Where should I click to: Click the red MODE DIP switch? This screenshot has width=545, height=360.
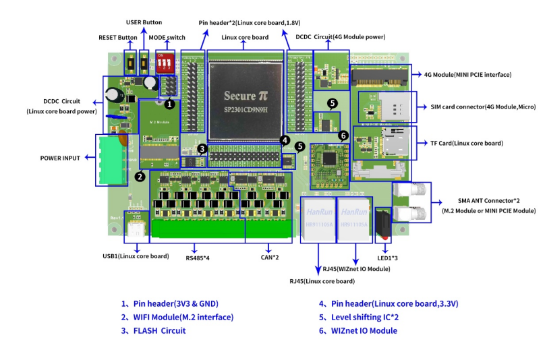165,65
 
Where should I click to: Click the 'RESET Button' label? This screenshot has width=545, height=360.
118,38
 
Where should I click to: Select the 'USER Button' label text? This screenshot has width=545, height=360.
144,22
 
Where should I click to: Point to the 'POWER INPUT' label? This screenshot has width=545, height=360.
60,158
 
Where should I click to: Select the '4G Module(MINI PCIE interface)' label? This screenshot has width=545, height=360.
467,74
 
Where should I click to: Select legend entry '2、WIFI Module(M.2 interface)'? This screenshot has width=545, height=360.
177,317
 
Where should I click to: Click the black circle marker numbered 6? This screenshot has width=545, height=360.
343,136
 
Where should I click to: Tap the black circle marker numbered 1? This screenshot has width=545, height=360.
169,104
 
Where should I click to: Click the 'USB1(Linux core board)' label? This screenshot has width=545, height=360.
136,256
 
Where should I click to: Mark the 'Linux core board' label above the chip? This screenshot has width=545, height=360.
245,38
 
